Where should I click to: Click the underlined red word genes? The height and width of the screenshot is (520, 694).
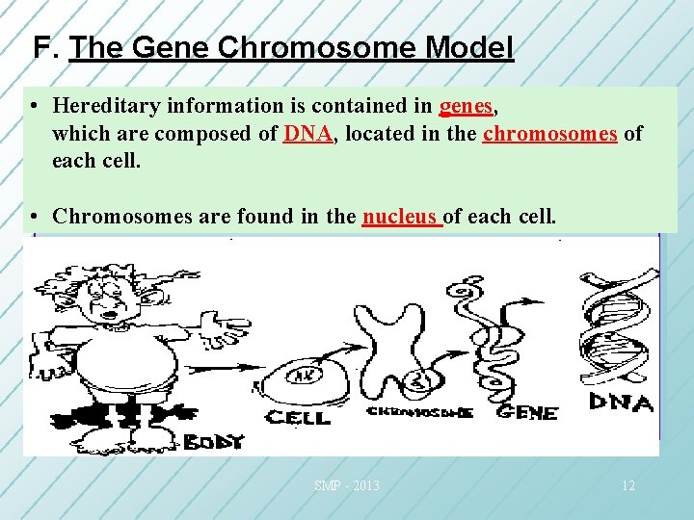pos(467,105)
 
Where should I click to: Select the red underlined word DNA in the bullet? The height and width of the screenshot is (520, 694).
pos(307,133)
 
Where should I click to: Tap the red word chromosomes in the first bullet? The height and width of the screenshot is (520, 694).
pos(549,133)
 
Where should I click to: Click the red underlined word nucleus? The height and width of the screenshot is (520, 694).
pos(400,216)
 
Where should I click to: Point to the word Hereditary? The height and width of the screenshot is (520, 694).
pos(105,105)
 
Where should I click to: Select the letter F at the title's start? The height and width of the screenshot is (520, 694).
pos(40,47)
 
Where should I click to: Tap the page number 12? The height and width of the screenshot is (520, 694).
pos(627,485)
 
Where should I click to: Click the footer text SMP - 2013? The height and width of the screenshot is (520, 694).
pos(346,485)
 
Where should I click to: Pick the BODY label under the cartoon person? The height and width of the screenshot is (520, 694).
pos(215,442)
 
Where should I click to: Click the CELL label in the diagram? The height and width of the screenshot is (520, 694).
pos(298,417)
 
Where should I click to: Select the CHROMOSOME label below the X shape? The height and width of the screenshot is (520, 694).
pos(419,412)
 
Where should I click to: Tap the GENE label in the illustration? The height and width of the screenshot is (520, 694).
pos(526,412)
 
